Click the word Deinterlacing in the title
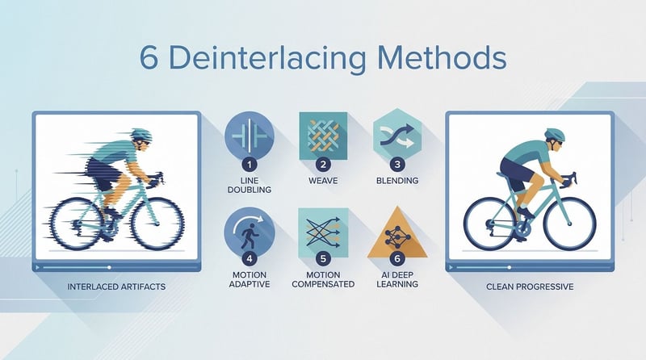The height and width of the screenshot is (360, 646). pos(267,58)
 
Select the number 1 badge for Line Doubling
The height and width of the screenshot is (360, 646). pos(250,165)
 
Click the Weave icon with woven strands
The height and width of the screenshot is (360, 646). pos(323,136)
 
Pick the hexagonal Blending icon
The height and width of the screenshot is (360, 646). pos(397,135)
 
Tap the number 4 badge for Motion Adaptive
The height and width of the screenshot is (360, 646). pos(250,258)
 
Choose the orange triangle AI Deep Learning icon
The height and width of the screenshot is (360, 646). pos(397,233)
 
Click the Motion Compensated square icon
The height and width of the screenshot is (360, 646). pos(323,232)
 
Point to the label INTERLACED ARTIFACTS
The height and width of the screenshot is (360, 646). pos(116,287)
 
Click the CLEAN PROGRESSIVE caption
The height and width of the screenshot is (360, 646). pos(530,287)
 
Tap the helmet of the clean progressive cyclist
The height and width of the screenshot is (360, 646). pos(555,134)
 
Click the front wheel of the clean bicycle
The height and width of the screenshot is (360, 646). pos(570,224)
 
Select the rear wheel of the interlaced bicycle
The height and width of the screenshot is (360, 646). pos(77,224)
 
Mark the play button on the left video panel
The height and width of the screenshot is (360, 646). pos(38,267)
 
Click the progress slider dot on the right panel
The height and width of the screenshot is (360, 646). pos(510,267)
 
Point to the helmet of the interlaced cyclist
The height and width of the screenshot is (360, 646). pos(142,135)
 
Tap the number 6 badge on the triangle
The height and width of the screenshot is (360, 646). pos(397,258)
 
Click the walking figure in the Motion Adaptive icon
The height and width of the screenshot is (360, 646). pos(247,236)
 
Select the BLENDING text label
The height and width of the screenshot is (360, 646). pos(397,181)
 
